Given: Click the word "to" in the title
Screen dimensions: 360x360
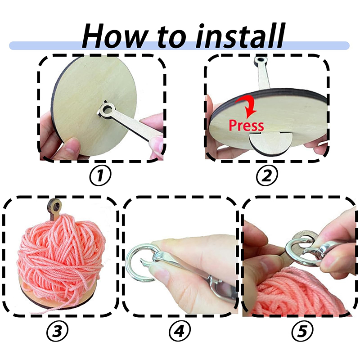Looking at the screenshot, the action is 171,37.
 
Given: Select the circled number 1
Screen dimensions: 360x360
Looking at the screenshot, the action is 100,176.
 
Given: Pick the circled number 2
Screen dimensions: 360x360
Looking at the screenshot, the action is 266,176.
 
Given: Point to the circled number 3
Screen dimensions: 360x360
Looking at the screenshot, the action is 58,332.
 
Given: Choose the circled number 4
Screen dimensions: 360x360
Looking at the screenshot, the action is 179,332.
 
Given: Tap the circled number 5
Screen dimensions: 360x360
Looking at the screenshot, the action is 302,332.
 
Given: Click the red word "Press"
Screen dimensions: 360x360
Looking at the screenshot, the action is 246,125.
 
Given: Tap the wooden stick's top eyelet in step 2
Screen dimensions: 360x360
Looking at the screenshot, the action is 261,60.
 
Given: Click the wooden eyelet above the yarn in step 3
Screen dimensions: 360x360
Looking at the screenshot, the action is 54,207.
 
